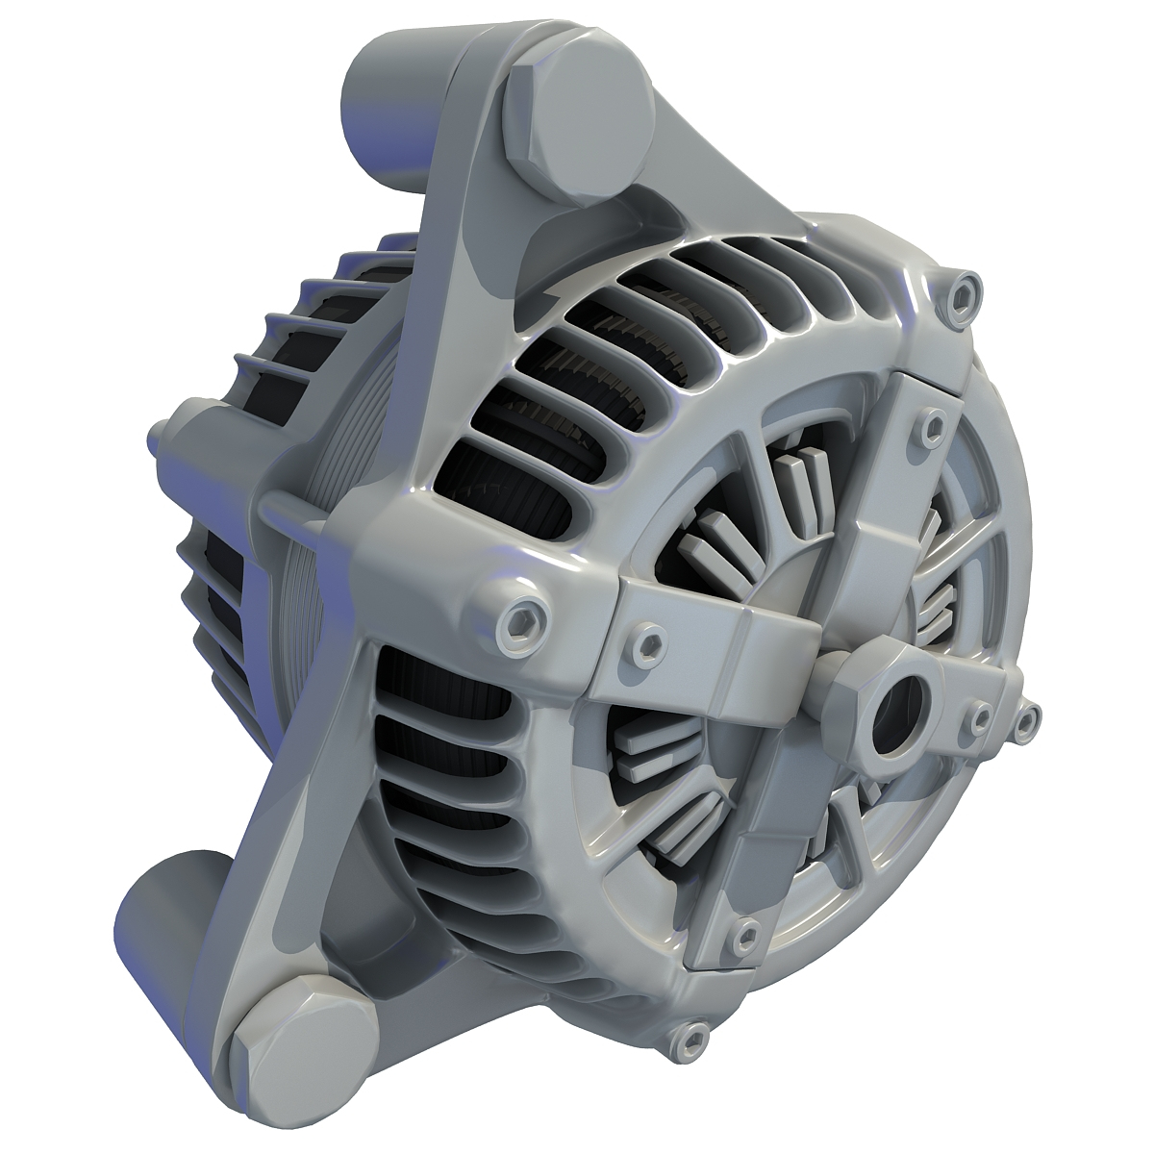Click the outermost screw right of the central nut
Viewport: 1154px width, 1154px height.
click(x=1026, y=716)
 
